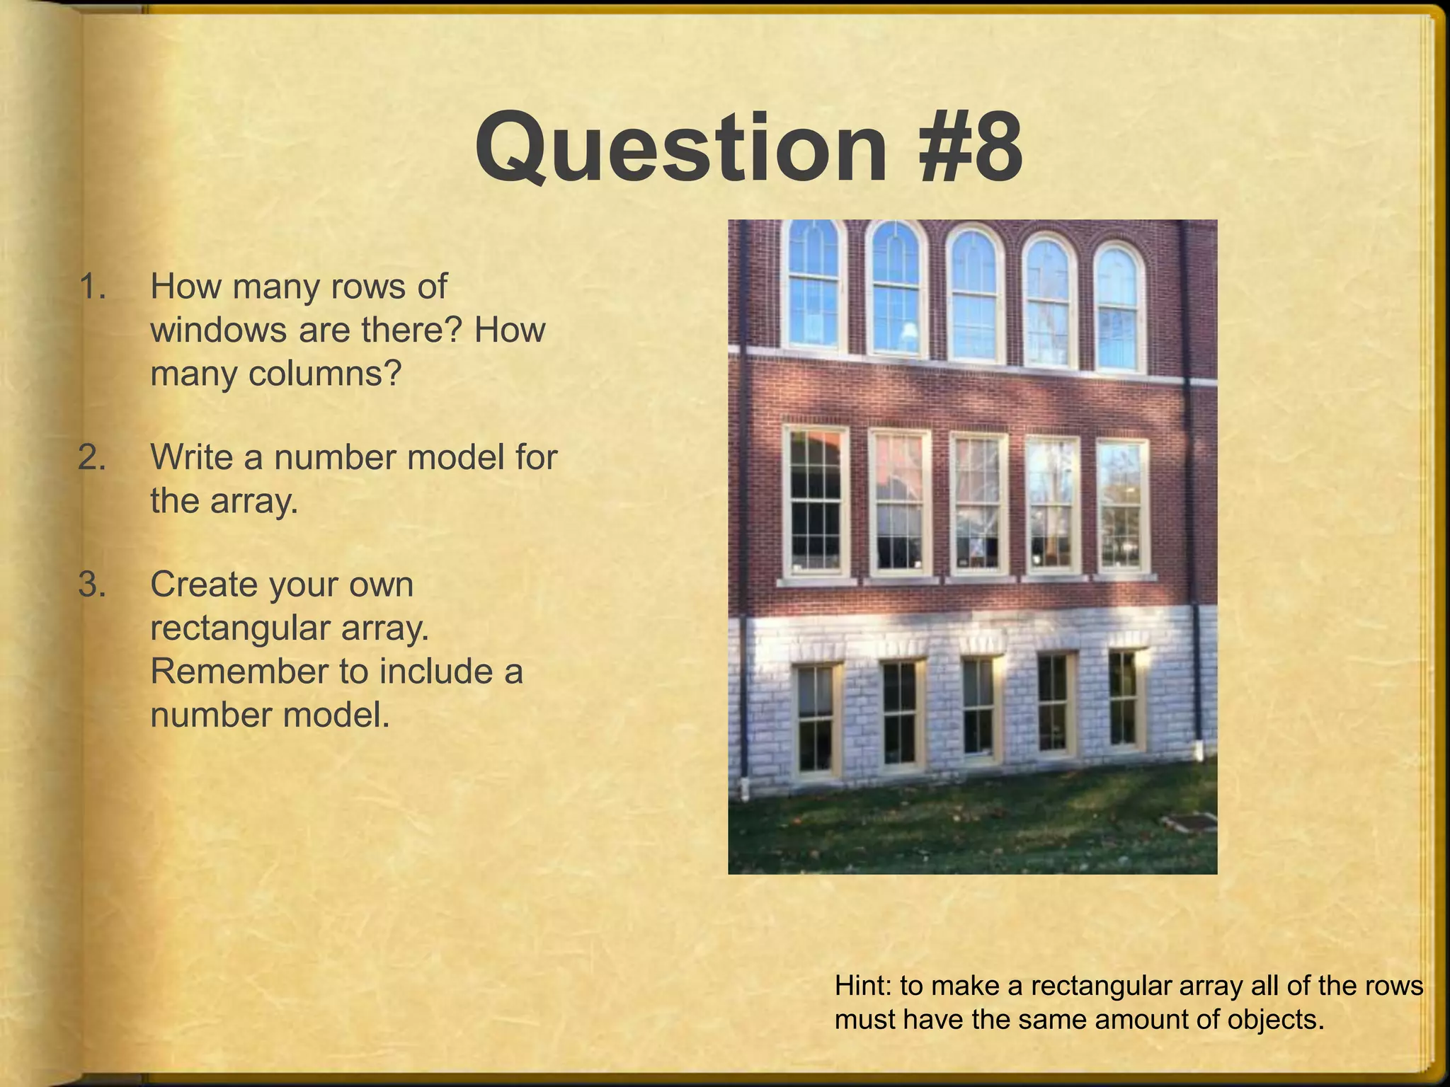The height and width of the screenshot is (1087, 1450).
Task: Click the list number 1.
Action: (x=93, y=287)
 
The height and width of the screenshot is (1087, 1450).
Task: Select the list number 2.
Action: (x=93, y=458)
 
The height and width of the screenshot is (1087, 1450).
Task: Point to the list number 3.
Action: (x=93, y=585)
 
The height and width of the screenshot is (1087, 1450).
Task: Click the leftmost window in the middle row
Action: (x=816, y=501)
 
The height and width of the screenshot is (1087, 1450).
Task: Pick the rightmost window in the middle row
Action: (x=1123, y=506)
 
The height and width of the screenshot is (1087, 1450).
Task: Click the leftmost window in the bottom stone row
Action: (x=816, y=718)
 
